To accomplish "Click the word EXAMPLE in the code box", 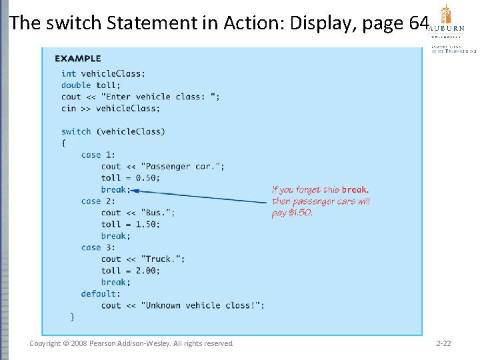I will coord(77,59).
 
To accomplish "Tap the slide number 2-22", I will coord(443,343).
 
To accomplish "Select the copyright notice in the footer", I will coord(131,343).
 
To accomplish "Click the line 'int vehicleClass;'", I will coord(103,73).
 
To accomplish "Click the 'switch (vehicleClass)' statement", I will coord(113,131).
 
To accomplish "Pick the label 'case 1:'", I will coord(98,155).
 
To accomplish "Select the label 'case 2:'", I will coord(98,201).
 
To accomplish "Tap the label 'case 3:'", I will coord(98,247).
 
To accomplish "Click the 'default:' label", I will coord(101,293).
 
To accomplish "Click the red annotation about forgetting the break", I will coord(321,201).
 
